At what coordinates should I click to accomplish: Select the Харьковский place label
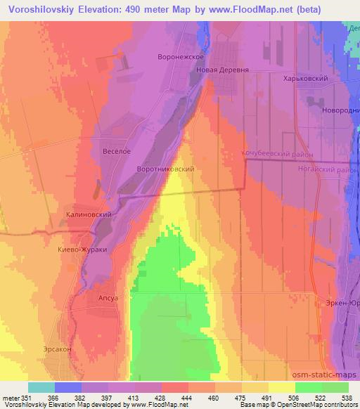(307, 79)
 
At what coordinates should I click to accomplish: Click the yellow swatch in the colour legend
(282, 387)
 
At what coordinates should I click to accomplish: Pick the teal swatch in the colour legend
(41, 387)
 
